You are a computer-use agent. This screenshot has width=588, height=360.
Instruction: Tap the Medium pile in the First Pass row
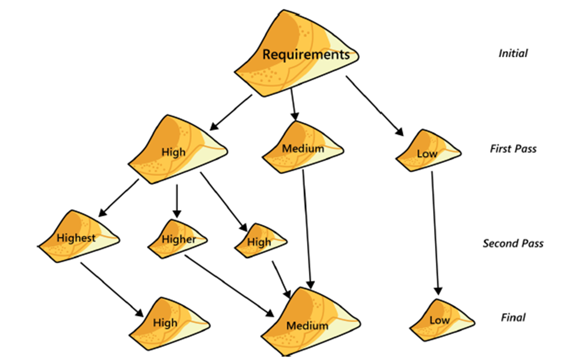[x=303, y=148]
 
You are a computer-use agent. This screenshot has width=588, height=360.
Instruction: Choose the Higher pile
[x=178, y=239]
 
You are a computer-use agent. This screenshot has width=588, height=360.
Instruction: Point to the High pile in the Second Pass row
[x=260, y=241]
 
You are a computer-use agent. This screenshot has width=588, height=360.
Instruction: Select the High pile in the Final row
[x=167, y=322]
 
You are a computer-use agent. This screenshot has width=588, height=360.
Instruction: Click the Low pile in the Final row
[x=440, y=320]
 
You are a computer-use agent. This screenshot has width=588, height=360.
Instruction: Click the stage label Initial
[x=513, y=53]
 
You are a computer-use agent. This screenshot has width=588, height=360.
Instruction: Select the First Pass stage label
[x=513, y=149]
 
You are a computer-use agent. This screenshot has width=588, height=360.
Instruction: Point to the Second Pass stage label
[x=513, y=243]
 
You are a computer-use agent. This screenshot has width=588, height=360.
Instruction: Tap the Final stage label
[x=513, y=317]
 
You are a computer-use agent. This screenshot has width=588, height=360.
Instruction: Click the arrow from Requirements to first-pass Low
[x=374, y=106]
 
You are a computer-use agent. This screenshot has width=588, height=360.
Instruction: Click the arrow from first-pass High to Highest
[x=119, y=198]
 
